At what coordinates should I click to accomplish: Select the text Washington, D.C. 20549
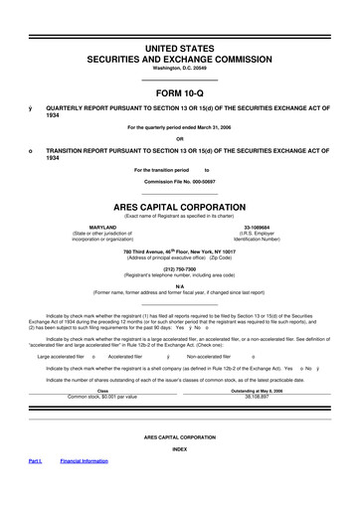(180, 66)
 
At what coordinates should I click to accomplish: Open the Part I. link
(35, 489)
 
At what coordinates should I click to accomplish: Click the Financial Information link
(85, 489)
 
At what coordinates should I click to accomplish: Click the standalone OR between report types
(180, 138)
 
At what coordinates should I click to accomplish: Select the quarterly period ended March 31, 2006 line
(180, 127)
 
